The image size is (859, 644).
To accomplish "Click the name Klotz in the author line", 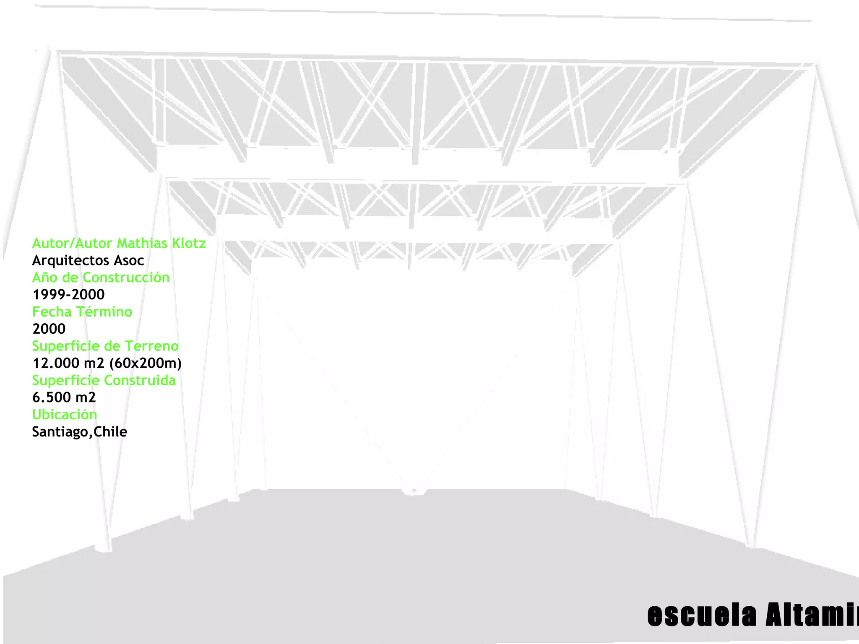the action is coord(189,243).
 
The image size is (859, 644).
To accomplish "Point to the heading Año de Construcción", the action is coord(101,278).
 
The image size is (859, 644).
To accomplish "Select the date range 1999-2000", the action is coord(68,295).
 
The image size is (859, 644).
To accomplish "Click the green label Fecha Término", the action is coord(82,312).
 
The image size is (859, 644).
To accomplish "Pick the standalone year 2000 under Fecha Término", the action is coord(49,329).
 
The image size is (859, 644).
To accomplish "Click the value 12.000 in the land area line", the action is coord(56,363).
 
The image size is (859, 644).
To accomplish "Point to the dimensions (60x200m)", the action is coord(145,363).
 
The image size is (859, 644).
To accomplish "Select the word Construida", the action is coord(140,380).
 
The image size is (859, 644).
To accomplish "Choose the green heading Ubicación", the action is coord(65,415).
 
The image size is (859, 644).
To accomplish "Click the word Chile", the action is coord(110,432).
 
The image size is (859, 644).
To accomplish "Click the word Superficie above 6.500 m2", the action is coord(66,380).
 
